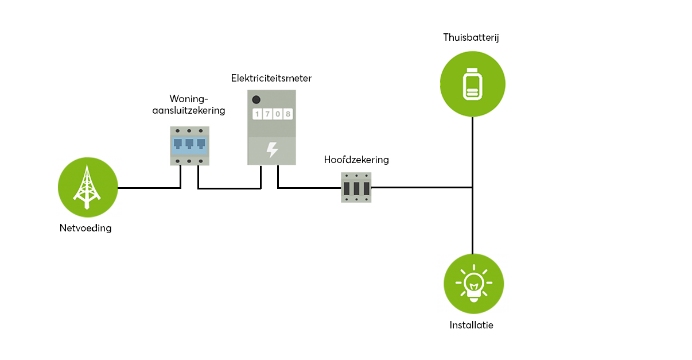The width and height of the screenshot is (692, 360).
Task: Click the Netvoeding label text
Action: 85,228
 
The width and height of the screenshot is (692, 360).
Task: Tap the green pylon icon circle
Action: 88,187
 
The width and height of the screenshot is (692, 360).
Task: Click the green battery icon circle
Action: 472,84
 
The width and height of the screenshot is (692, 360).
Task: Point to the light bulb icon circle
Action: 473,284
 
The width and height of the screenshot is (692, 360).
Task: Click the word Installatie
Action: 471,325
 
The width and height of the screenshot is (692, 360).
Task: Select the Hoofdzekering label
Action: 356,160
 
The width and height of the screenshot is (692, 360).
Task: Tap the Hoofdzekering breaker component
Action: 356,187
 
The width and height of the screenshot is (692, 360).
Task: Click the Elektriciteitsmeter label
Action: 271,78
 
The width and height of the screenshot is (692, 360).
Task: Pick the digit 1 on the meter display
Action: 258,114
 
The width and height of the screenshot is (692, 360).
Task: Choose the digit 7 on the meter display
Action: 267,114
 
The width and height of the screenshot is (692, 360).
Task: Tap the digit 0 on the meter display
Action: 277,114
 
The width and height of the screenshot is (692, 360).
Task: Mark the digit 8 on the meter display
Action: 287,114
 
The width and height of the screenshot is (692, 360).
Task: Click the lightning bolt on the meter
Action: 272,150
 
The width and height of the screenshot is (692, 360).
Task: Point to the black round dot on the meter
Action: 256,99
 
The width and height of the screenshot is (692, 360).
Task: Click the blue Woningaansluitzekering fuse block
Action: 189,146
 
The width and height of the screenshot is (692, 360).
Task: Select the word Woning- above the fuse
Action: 188,99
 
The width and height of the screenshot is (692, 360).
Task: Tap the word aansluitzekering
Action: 188,110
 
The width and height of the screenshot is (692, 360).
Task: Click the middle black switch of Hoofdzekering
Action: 356,188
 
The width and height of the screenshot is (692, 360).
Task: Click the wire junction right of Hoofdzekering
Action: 472,187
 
